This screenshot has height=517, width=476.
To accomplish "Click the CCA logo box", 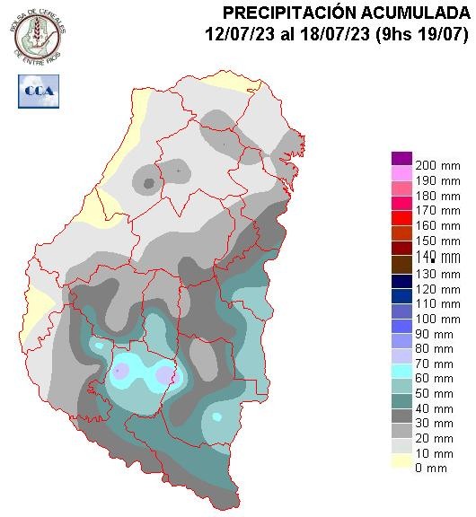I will (39, 92).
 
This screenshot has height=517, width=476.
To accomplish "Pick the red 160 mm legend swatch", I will (401, 218).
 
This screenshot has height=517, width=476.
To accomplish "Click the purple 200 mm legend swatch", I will (401, 159).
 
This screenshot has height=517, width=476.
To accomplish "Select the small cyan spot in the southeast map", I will (216, 417).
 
